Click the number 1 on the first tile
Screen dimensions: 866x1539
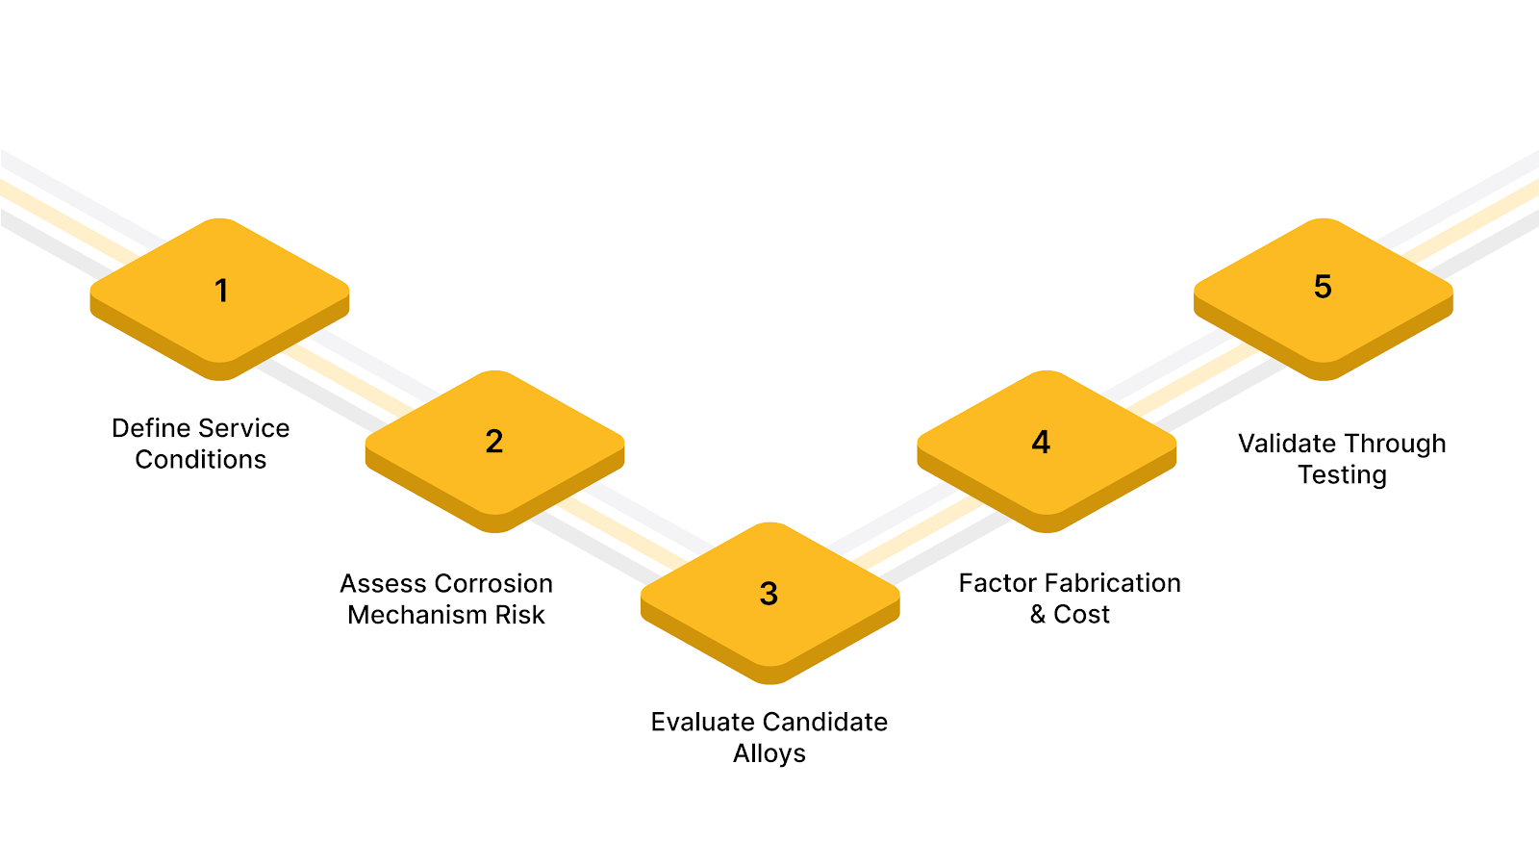tap(221, 291)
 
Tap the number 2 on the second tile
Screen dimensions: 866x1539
tap(494, 442)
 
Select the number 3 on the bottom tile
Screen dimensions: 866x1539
tap(769, 594)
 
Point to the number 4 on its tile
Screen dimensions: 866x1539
tap(1041, 442)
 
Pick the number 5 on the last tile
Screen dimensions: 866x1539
tap(1323, 287)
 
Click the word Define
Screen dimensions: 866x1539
tap(147, 428)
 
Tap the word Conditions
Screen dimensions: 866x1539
tap(201, 460)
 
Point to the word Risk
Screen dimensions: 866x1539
tap(519, 615)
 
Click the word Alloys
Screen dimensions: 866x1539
tap(769, 753)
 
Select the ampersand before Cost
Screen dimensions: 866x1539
tap(1038, 615)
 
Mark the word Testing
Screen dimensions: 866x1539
tap(1342, 475)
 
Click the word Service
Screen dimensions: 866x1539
tap(244, 428)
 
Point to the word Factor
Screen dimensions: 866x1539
tap(997, 583)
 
